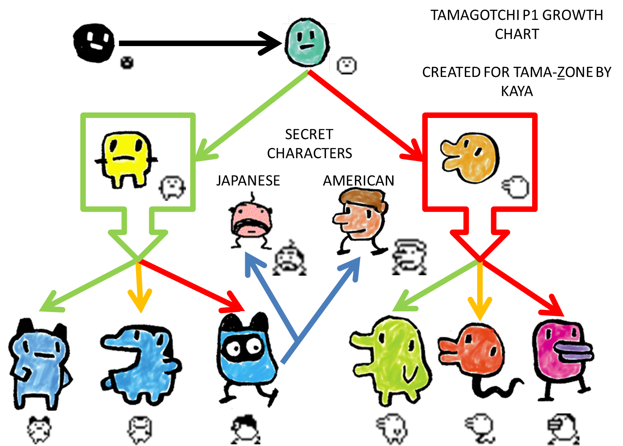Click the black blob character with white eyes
tap(93, 43)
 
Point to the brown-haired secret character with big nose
tap(361, 220)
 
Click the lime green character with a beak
tap(391, 359)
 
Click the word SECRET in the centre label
tap(309, 134)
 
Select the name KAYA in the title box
tap(516, 91)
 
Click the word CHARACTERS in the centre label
tap(309, 153)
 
